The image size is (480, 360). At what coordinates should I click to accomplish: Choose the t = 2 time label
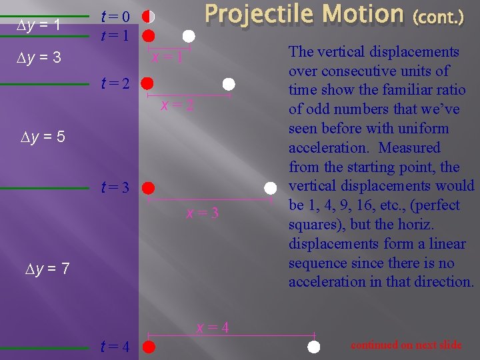(x=115, y=84)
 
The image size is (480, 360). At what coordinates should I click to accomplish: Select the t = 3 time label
(x=115, y=188)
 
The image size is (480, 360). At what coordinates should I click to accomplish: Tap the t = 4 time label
(x=115, y=347)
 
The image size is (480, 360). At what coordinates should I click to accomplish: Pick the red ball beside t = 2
(x=148, y=83)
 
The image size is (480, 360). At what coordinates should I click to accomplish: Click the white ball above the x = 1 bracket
(x=189, y=35)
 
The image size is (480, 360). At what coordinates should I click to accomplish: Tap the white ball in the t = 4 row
(x=314, y=346)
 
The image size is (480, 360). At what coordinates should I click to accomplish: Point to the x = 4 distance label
(x=213, y=327)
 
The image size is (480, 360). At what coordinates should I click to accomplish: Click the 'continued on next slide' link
(x=406, y=345)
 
